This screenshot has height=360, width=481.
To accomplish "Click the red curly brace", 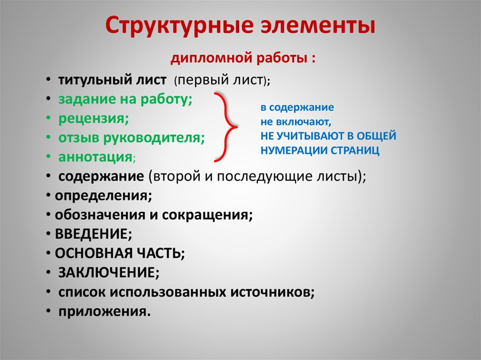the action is (x=226, y=127).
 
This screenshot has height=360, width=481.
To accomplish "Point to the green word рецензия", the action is (x=94, y=119).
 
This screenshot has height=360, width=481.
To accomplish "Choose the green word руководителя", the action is (x=154, y=138).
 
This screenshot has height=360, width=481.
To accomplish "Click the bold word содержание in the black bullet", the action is (x=101, y=176).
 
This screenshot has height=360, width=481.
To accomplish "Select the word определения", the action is (x=103, y=196).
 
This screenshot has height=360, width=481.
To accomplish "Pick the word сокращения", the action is (x=207, y=215).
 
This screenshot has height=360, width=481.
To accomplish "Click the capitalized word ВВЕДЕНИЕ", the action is (x=93, y=234).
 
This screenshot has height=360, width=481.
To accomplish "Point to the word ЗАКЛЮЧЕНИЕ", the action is (x=109, y=273).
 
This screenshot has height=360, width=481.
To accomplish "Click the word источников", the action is (x=272, y=291).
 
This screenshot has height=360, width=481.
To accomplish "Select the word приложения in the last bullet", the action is (x=104, y=311).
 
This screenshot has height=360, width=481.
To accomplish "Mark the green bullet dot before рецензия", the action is (x=49, y=118).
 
